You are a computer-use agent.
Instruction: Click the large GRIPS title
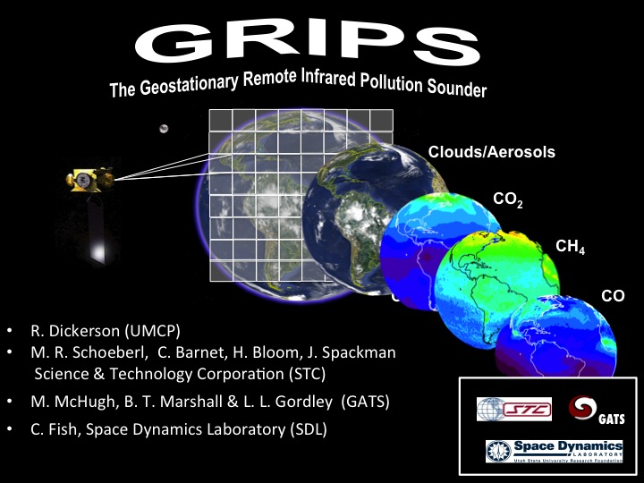click(x=307, y=42)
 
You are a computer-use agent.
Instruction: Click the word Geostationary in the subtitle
click(x=189, y=84)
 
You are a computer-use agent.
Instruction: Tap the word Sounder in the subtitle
click(x=457, y=88)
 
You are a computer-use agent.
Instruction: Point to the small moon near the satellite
click(x=164, y=129)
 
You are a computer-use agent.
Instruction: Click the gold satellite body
click(x=90, y=180)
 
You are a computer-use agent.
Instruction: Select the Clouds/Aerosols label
click(x=492, y=152)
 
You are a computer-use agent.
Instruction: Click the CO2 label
click(x=508, y=199)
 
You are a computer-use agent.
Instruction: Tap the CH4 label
click(x=570, y=247)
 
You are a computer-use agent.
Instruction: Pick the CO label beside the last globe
click(x=613, y=296)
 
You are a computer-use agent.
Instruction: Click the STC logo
click(x=514, y=409)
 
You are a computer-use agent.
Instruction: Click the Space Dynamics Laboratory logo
click(x=555, y=452)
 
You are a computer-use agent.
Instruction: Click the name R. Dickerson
click(x=75, y=331)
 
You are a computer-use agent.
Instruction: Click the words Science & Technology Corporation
click(x=159, y=374)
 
